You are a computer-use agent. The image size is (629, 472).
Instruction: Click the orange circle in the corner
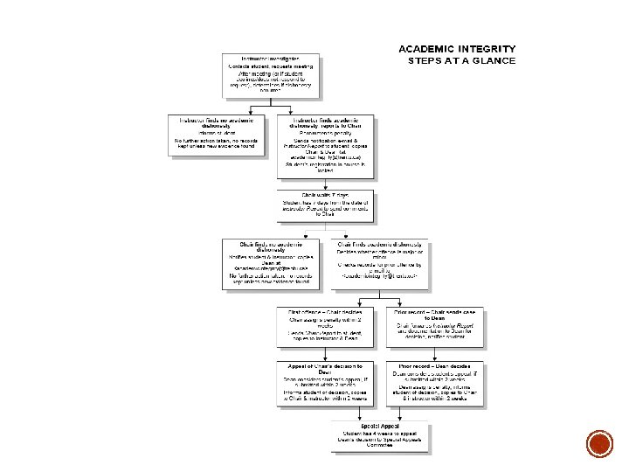(x=599, y=444)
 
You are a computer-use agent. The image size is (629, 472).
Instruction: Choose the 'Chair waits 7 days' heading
(x=328, y=194)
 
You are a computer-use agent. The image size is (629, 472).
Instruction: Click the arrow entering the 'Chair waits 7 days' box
(x=328, y=181)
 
